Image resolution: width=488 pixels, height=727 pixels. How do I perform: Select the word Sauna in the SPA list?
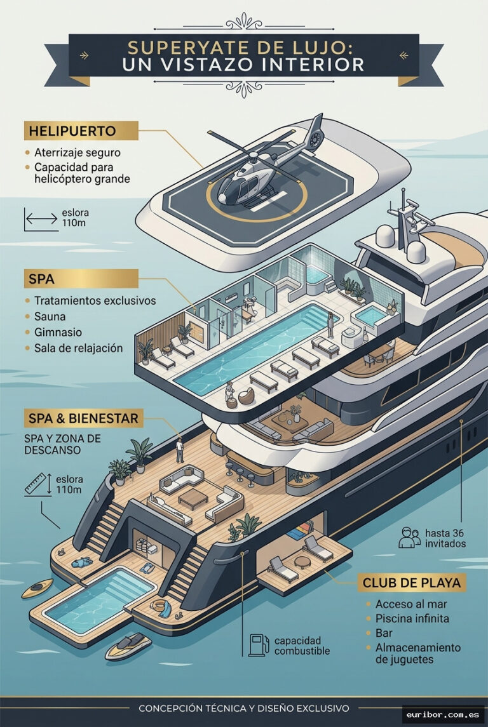[x=50, y=316]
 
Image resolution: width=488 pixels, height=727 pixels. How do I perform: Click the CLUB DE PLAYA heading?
[x=412, y=583]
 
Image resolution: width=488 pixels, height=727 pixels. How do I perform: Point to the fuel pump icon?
[x=259, y=645]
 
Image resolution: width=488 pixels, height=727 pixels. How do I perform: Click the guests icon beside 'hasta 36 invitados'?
[x=409, y=537]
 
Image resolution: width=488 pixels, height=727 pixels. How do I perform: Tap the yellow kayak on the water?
[x=37, y=588]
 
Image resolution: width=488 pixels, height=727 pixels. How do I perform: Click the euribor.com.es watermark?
[x=442, y=714]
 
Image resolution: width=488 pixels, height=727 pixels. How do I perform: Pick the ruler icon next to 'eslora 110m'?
[x=38, y=484]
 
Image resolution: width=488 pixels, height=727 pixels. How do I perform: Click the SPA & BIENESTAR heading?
[x=83, y=418]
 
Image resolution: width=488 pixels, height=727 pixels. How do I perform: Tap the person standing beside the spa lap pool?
[x=330, y=324]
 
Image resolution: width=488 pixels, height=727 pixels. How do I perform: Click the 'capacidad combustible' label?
[x=302, y=645]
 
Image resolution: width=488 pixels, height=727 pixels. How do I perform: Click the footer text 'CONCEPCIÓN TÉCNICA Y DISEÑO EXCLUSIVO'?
[x=244, y=709]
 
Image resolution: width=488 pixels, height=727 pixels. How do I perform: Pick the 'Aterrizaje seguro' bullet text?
[x=78, y=152]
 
